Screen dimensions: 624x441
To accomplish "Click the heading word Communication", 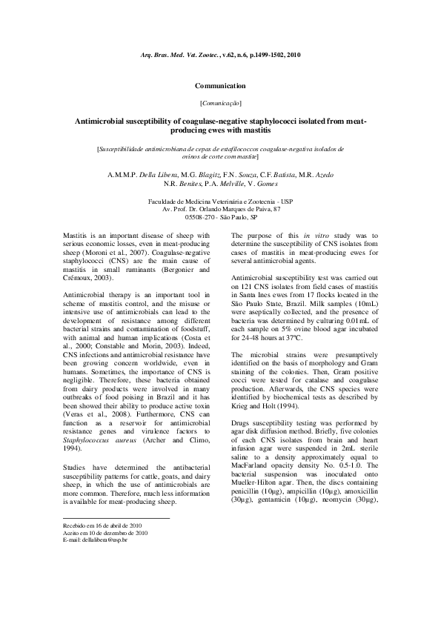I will tap(220, 87).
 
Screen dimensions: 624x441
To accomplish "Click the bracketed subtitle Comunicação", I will tap(220, 102).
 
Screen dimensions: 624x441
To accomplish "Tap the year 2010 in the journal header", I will tap(293, 56).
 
